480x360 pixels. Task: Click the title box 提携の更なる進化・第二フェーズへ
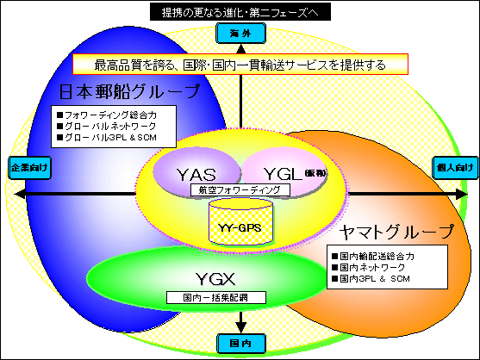[x=240, y=12]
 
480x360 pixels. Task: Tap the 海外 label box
[x=242, y=34]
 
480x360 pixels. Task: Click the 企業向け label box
[x=25, y=166]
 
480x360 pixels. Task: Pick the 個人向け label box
[x=453, y=166]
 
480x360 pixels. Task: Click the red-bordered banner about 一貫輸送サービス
[x=240, y=65]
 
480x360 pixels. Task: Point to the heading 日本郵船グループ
[x=129, y=91]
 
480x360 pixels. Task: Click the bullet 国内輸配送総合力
[x=377, y=256]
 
